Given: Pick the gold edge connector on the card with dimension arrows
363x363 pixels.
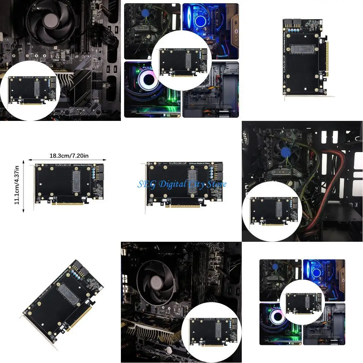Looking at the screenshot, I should point(68,203).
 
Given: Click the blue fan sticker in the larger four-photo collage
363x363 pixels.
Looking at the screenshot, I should point(144,14).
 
